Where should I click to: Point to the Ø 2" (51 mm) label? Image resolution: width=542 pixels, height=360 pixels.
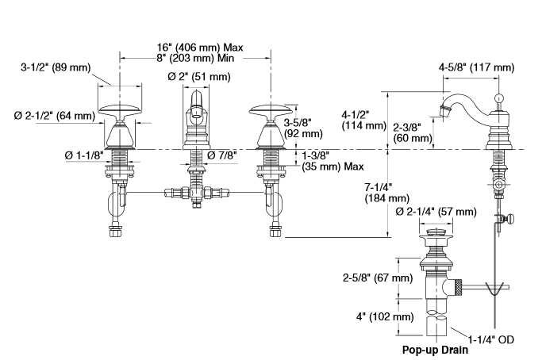pyautogui.click(x=198, y=77)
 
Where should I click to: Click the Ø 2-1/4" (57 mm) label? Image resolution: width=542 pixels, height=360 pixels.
pyautogui.click(x=435, y=212)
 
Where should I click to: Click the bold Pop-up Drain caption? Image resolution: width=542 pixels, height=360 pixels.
pyautogui.click(x=434, y=349)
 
